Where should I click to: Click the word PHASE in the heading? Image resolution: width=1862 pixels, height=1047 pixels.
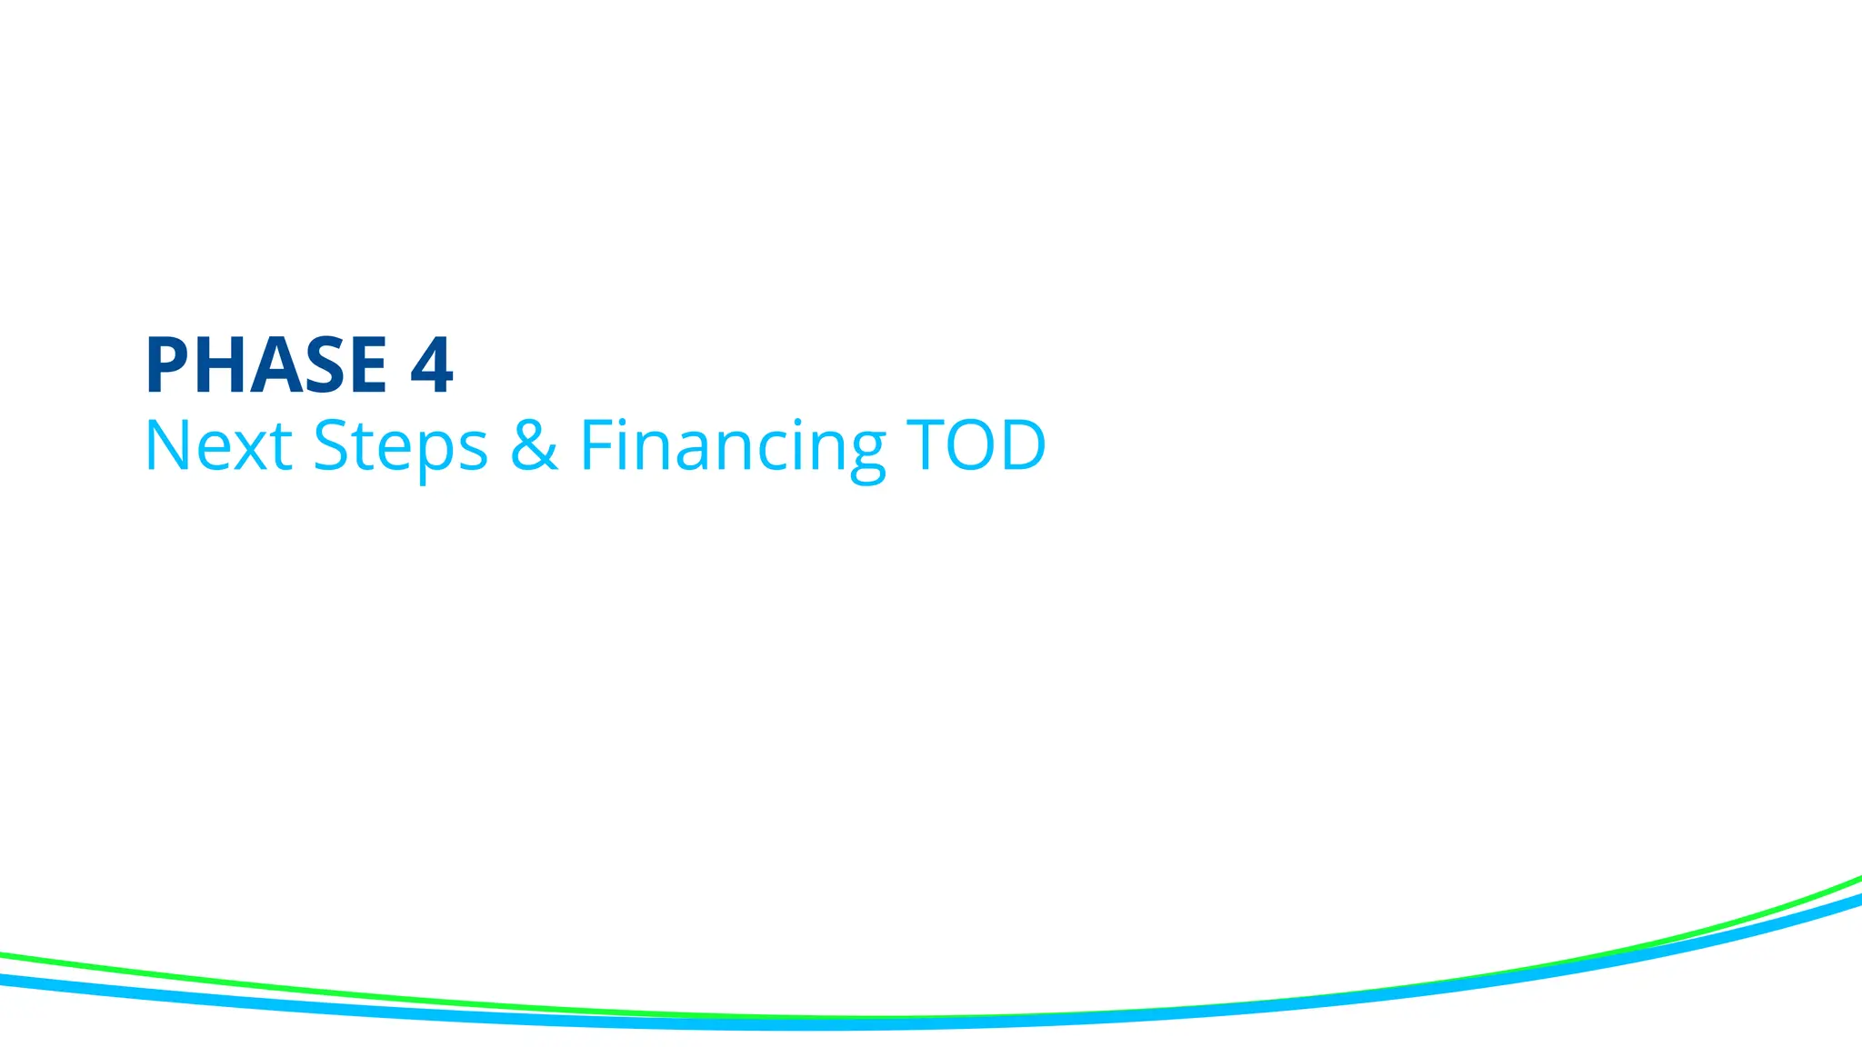[265, 365]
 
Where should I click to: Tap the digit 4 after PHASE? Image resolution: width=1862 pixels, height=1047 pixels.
[431, 365]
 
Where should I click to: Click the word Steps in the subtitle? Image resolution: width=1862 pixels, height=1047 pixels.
[400, 445]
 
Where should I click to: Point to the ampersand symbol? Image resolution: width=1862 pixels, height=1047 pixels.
[534, 445]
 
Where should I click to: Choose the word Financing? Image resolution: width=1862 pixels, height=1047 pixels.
[733, 445]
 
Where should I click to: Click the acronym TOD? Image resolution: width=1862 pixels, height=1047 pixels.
[976, 445]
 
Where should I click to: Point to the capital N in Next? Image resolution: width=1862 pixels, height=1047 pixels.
[168, 445]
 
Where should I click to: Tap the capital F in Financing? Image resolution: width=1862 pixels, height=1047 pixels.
[596, 445]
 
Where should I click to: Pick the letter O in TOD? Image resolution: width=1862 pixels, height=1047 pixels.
[974, 445]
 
